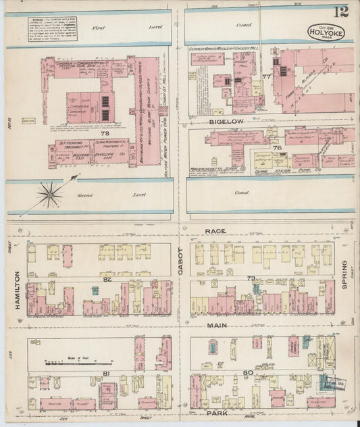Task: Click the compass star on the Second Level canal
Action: [x=49, y=195]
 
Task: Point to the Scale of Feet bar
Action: [x=69, y=362]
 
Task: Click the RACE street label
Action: [x=213, y=231]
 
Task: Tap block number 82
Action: [x=107, y=278]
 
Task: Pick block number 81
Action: [x=106, y=373]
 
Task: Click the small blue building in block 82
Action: [x=95, y=291]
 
